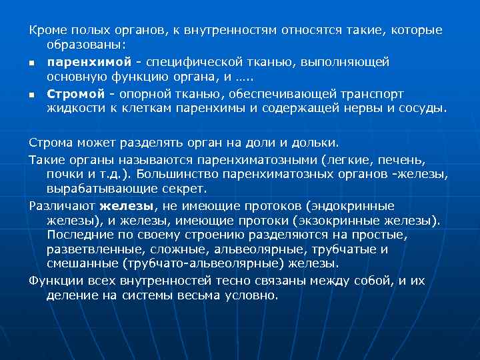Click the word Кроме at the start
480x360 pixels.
[44, 31]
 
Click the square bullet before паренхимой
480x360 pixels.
[31, 63]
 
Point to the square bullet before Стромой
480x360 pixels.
[31, 95]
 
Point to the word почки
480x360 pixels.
[64, 175]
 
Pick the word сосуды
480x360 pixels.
[421, 108]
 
